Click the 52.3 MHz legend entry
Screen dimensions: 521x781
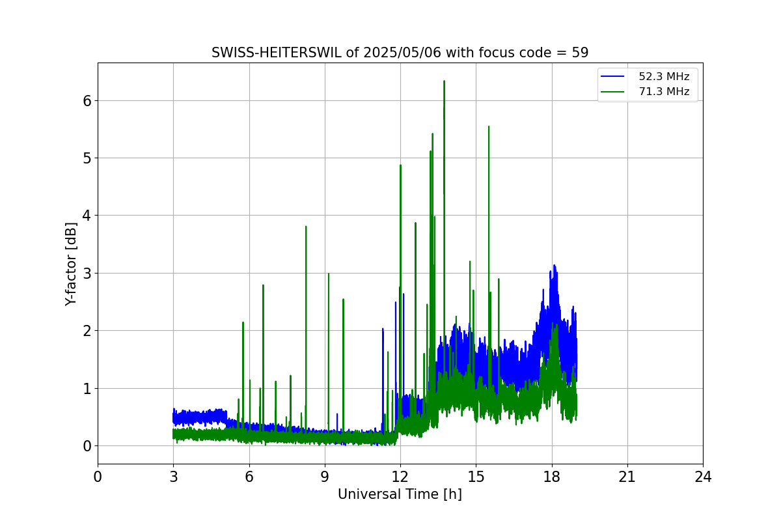663,77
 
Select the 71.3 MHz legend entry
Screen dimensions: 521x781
663,92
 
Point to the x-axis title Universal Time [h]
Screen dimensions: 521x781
400,494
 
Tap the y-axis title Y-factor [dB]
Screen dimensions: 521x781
72,264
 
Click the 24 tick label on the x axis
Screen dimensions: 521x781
703,477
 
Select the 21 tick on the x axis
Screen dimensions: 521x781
627,477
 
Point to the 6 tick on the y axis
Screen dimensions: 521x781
86,100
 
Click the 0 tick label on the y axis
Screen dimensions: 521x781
86,445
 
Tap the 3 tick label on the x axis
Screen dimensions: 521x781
173,477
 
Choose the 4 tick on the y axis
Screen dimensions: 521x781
86,216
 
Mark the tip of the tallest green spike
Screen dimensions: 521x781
444,81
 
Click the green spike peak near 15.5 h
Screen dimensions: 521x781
489,127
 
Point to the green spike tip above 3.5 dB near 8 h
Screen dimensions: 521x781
306,227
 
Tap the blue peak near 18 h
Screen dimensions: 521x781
554,266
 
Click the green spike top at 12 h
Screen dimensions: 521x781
400,165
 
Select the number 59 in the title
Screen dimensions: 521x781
580,53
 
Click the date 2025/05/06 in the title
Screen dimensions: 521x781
401,53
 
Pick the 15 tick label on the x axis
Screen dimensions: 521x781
476,477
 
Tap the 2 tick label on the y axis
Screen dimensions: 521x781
86,331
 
